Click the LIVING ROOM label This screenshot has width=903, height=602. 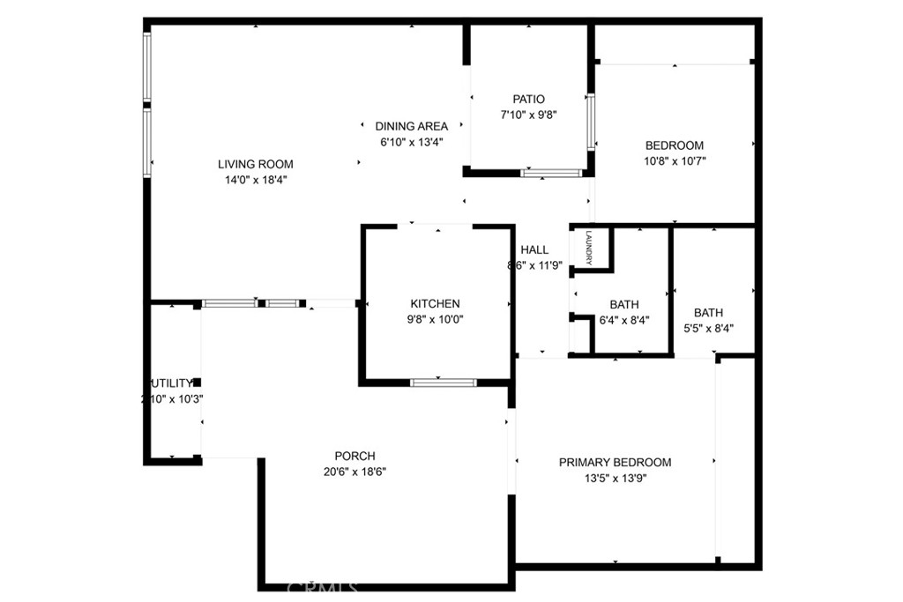coord(256,164)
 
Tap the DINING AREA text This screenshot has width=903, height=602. coord(411,126)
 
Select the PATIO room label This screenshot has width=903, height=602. coord(529,100)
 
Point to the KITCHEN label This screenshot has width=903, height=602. coord(435,304)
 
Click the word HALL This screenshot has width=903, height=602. coord(534,249)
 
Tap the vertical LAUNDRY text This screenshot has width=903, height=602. coord(588,247)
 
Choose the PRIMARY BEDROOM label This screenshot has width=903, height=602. coord(615,463)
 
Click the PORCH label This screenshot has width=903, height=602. coord(354,457)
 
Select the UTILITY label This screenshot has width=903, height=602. coord(171,383)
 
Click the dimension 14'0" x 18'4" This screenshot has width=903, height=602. coord(256,180)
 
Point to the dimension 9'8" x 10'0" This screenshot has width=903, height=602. coord(435,320)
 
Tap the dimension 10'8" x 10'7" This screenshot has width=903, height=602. coord(675,161)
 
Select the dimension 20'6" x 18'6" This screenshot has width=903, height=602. coord(354,472)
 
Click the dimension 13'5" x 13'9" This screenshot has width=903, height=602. coord(615,479)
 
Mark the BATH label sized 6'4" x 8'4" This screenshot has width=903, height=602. coord(623,305)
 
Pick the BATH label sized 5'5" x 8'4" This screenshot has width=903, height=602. coord(708,313)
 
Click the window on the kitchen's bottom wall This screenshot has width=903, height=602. coord(444,383)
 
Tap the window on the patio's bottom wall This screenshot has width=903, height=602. coord(551,173)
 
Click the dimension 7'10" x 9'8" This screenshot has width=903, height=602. coord(529,115)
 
